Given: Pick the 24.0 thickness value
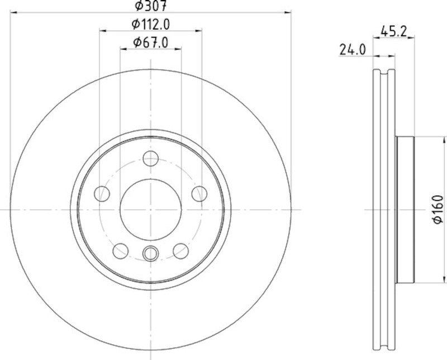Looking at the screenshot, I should (352, 50).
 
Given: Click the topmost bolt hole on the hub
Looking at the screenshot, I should (150, 159).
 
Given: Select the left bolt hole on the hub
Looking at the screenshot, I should (102, 194).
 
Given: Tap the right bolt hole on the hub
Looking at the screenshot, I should (199, 194).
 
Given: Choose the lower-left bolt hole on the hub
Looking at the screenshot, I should (121, 250).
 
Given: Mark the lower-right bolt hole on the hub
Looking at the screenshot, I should (180, 250).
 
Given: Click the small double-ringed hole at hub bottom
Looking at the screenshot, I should (150, 254).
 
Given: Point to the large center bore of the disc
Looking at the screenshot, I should (150, 210).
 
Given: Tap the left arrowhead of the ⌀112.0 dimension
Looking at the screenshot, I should (102, 30).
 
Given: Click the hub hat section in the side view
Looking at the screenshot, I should (405, 210).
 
